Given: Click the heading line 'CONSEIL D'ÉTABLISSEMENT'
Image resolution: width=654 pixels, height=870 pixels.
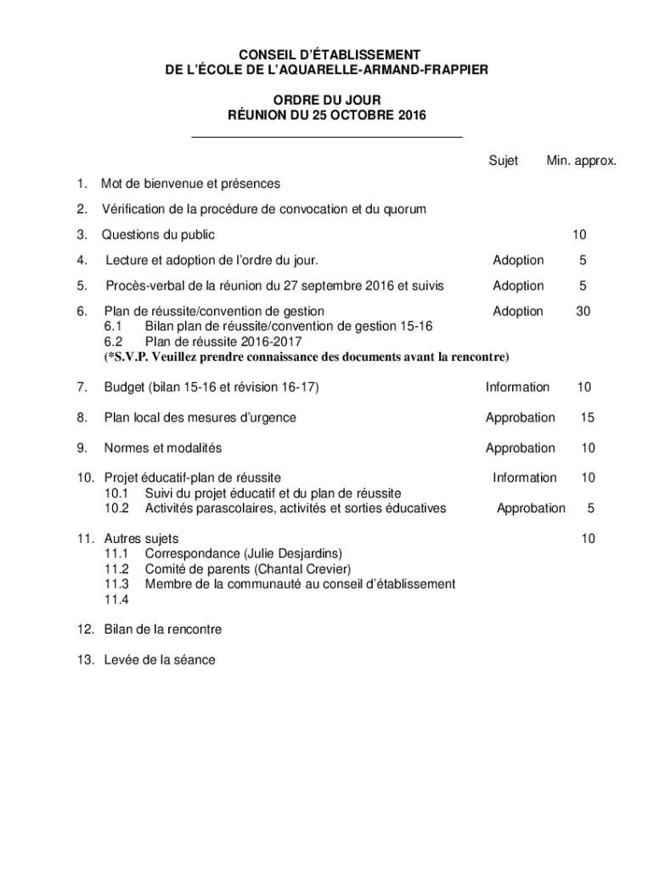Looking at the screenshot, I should coord(327,54).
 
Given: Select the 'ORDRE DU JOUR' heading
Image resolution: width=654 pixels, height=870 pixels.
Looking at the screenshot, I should coord(327,100).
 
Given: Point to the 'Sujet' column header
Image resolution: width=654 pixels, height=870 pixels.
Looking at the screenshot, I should coord(503,161).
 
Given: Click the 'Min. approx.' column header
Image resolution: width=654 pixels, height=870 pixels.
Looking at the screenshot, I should coord(582,161).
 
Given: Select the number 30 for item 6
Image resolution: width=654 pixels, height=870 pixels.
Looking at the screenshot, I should coord(583,312).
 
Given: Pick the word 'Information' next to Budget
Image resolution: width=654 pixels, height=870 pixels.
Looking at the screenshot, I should coord(517,387).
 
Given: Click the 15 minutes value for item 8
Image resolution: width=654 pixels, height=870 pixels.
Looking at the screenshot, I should coord(587,418).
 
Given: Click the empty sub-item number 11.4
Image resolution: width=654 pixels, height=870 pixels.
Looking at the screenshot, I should coord(116,600).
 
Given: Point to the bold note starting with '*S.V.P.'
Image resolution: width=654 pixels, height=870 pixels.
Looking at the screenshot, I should coord(307,356).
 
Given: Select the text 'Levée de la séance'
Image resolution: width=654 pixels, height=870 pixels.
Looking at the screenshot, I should coord(160,659).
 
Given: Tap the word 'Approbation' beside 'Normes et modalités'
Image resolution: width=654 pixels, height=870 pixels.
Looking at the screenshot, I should coord(520,449).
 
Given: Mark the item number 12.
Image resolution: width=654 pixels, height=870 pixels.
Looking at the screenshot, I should coord(85,630).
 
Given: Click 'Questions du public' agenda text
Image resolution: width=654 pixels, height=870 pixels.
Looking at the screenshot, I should coord(158,234).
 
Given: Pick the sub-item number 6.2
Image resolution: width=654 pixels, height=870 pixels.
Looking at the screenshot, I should coord(114,341).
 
